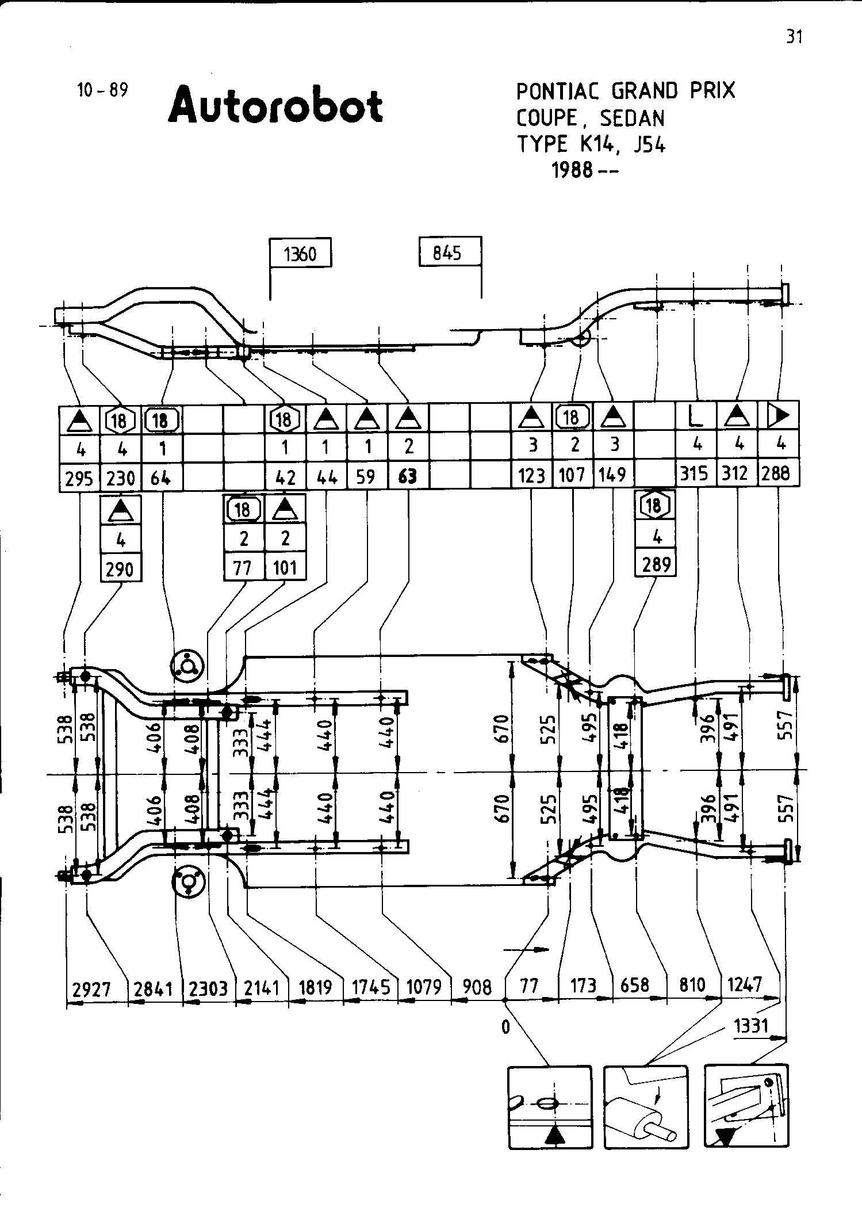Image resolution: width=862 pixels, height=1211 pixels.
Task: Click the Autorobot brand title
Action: click(275, 105)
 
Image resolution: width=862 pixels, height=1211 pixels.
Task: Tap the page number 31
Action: click(794, 37)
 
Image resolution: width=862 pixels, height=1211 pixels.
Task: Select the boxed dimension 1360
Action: click(301, 253)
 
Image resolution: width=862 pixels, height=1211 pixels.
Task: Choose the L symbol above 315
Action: click(696, 415)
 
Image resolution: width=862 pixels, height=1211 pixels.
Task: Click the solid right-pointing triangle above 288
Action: click(779, 415)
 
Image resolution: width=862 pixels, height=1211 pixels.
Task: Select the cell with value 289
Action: click(656, 564)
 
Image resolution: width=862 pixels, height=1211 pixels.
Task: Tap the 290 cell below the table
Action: click(121, 569)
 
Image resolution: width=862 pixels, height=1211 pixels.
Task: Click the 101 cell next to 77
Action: click(285, 567)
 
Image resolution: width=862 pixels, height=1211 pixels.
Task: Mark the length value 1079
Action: click(424, 987)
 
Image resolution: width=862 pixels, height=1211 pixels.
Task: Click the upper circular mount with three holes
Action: click(186, 666)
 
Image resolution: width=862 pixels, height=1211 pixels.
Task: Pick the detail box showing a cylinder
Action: click(646, 1105)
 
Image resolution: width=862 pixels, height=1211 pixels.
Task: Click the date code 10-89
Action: click(102, 90)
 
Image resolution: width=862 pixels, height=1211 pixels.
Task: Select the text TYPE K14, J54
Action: click(591, 144)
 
